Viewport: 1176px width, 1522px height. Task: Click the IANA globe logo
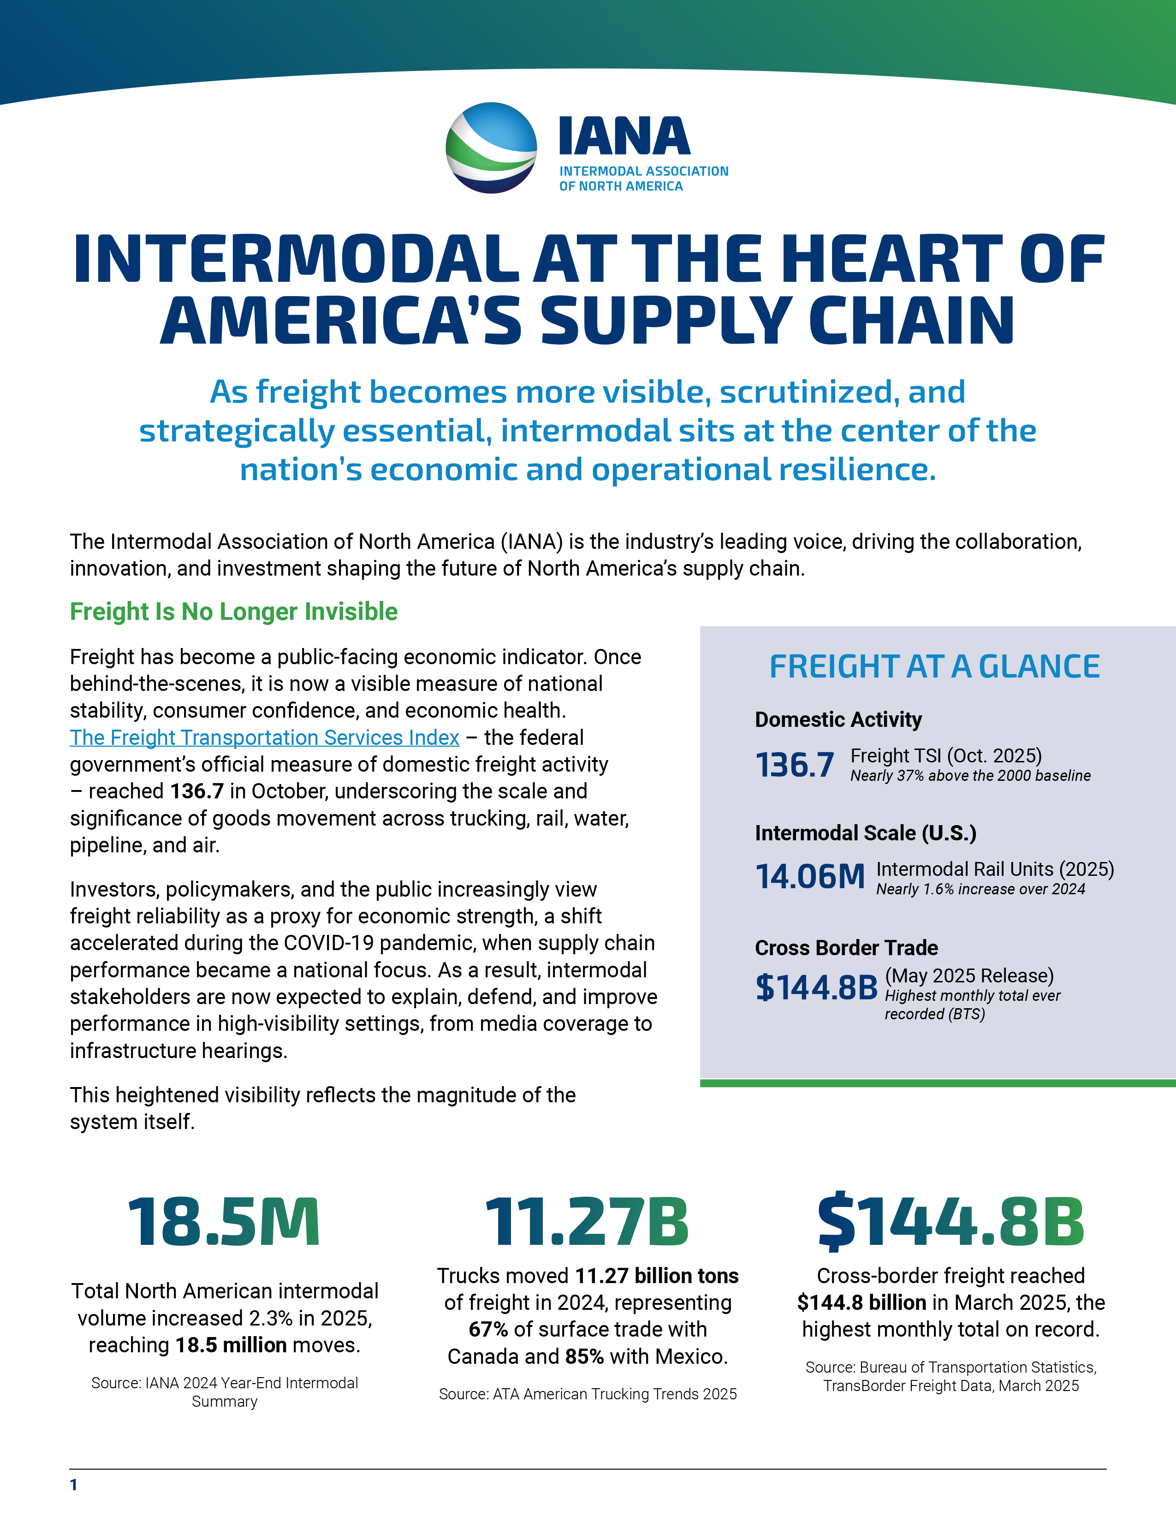coord(491,148)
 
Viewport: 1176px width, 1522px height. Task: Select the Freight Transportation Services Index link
coord(264,737)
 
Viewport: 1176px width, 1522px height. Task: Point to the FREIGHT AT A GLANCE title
coord(934,666)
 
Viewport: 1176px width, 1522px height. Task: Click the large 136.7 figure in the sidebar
coord(794,765)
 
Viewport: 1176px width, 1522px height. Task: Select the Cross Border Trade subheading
coord(846,948)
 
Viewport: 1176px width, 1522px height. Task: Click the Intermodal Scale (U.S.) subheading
coord(865,833)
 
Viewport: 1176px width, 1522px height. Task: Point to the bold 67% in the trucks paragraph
coord(487,1330)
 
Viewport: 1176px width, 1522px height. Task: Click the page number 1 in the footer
coord(74,1485)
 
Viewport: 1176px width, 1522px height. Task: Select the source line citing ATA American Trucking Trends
coord(587,1394)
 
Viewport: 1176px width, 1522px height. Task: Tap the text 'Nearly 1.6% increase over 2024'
coord(980,889)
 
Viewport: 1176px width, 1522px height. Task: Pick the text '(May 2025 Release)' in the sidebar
coord(969,975)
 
